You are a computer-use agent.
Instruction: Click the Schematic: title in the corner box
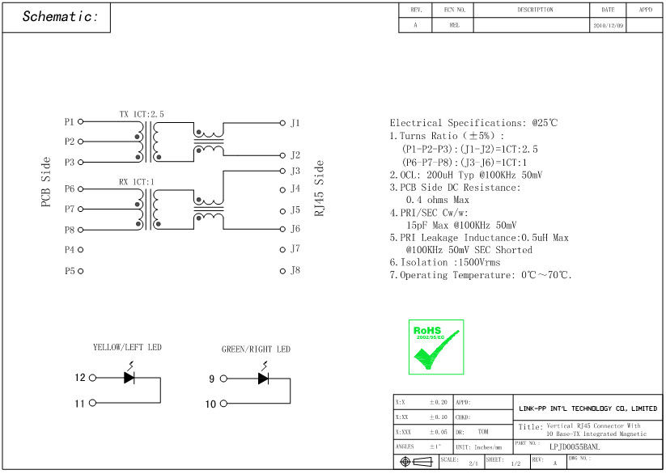click(x=61, y=17)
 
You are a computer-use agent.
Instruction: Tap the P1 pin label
click(x=70, y=122)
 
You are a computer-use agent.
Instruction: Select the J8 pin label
click(x=295, y=270)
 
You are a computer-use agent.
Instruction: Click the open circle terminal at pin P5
click(x=82, y=270)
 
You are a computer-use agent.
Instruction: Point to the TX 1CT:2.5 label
click(x=142, y=114)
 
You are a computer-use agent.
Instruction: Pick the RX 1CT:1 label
click(x=136, y=182)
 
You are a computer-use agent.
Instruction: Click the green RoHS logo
click(x=435, y=346)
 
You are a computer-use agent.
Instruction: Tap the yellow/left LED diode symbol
click(x=129, y=377)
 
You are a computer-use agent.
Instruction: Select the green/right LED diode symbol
click(x=263, y=378)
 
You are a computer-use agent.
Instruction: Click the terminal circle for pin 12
click(x=92, y=378)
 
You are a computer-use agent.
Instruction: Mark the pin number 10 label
click(x=210, y=404)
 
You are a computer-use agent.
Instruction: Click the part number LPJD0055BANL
click(x=574, y=446)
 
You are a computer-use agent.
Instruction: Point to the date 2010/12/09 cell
click(x=608, y=25)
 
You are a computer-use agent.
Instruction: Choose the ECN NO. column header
click(x=454, y=10)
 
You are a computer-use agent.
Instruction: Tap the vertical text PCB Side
click(x=46, y=182)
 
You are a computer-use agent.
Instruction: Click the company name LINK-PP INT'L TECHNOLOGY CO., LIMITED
click(x=588, y=408)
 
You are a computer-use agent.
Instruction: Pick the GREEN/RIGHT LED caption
click(x=256, y=349)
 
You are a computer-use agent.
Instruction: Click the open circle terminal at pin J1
click(x=282, y=123)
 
